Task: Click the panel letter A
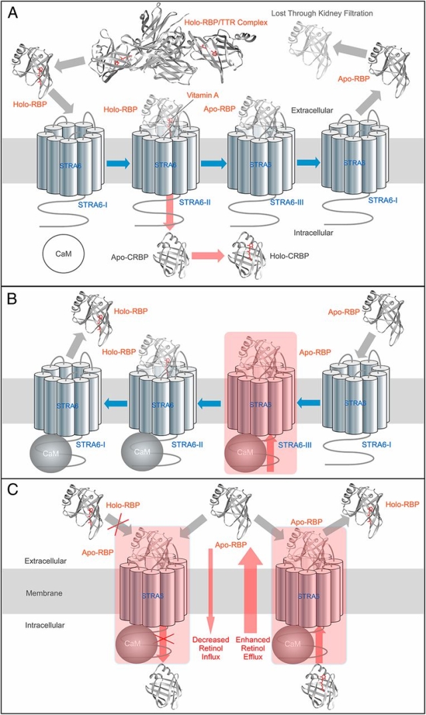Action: (12, 11)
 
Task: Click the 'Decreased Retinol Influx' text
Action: (210, 645)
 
